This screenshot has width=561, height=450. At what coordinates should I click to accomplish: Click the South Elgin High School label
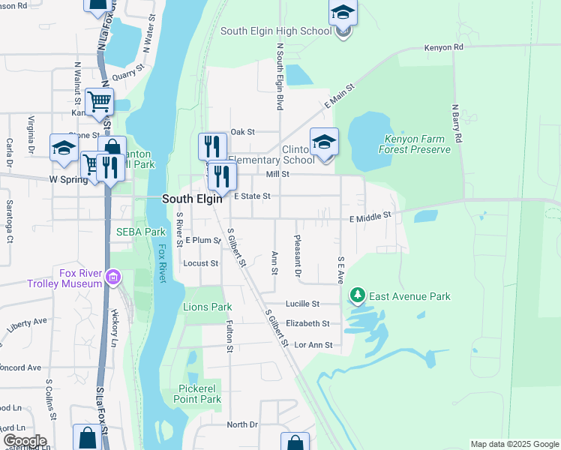click(x=275, y=31)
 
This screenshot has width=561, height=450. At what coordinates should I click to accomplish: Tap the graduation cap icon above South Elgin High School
click(x=343, y=13)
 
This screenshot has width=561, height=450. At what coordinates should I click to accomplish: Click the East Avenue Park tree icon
click(x=358, y=296)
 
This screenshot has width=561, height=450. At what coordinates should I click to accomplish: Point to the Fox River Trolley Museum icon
click(x=113, y=278)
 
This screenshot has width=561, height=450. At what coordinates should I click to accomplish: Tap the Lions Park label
click(x=207, y=307)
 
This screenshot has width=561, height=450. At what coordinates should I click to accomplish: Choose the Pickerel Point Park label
click(x=199, y=394)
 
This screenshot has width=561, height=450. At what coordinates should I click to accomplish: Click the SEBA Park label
click(x=140, y=232)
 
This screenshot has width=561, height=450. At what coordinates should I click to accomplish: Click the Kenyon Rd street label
click(x=444, y=47)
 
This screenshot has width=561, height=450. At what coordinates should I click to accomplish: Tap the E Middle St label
click(x=370, y=216)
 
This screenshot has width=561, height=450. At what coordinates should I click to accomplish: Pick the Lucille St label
click(x=303, y=304)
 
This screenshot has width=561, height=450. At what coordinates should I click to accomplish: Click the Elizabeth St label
click(x=307, y=323)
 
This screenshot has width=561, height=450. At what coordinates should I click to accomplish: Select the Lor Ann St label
click(x=313, y=345)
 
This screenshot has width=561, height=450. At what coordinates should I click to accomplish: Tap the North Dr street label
click(x=241, y=424)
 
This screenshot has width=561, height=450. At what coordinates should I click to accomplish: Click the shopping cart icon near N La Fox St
click(x=98, y=101)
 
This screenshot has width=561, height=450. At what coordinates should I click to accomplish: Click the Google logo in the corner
click(x=24, y=441)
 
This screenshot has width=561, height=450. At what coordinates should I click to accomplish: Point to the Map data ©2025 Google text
click(x=514, y=444)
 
